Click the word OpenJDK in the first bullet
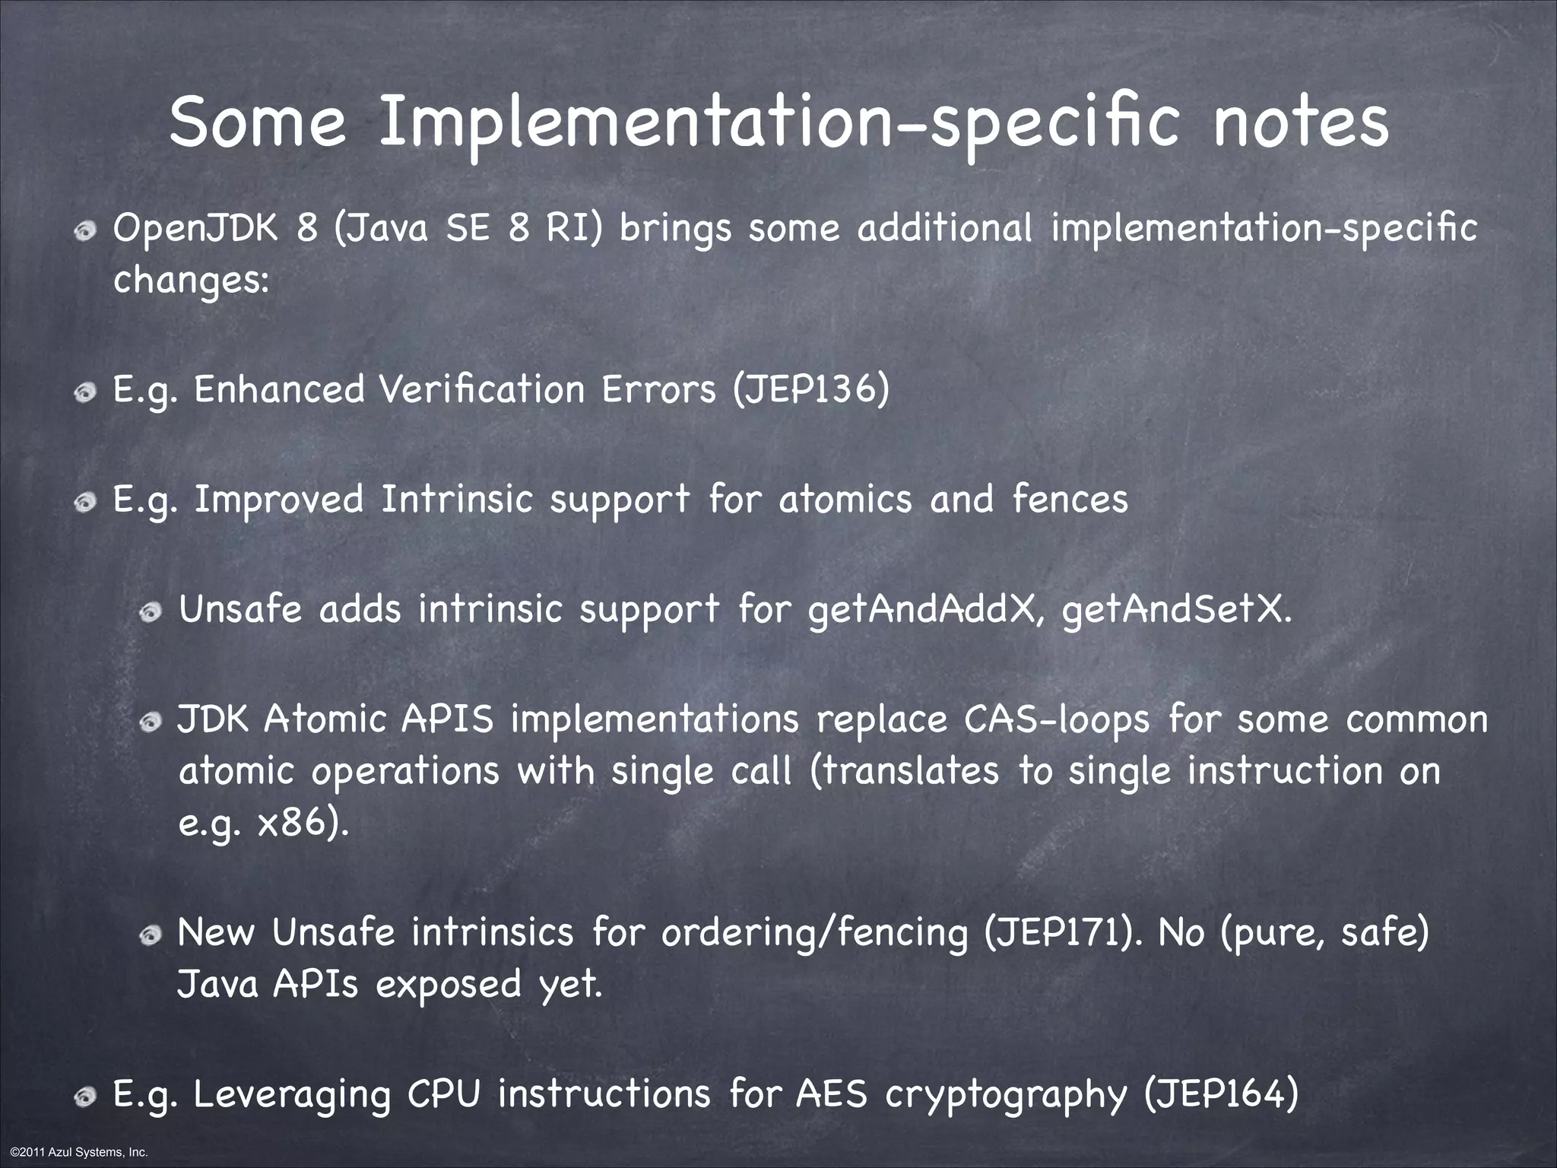point(196,228)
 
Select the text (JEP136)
point(811,390)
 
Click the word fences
point(1070,500)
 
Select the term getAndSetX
point(1176,610)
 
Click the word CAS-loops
point(1057,720)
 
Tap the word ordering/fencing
point(814,933)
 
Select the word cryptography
point(1006,1096)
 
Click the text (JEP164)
point(1221,1096)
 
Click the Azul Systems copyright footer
point(75,1153)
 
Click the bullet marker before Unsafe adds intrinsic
point(151,612)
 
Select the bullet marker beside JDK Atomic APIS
point(151,722)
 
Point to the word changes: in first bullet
point(191,281)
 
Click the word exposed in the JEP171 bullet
point(448,985)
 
